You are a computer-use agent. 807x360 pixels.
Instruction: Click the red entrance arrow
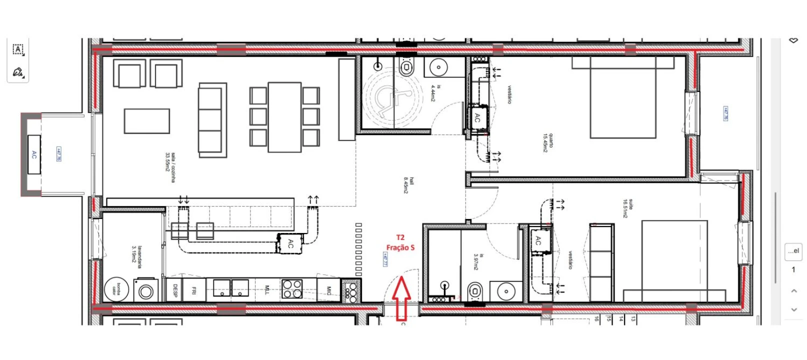(401, 299)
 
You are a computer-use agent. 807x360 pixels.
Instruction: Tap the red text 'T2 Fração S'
(400, 242)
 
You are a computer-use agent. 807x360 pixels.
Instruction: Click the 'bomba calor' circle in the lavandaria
(116, 289)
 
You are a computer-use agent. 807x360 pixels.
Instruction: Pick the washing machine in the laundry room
(146, 290)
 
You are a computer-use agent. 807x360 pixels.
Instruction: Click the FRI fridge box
(194, 290)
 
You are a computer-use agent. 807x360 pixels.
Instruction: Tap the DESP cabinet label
(175, 290)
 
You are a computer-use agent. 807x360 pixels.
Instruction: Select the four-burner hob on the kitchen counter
(292, 288)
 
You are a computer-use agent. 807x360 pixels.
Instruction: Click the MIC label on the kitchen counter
(328, 290)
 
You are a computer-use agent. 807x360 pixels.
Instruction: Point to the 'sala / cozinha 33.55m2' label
(170, 167)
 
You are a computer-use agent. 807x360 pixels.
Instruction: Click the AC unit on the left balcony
(34, 154)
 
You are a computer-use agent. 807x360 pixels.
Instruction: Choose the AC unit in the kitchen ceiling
(291, 243)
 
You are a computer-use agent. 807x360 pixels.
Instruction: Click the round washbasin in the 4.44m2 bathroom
(438, 66)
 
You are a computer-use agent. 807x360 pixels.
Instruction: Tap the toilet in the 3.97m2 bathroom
(474, 290)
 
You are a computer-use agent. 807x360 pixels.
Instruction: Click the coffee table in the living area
(146, 121)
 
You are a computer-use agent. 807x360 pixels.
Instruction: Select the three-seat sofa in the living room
(210, 120)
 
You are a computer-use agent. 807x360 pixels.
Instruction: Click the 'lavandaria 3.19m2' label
(137, 254)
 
